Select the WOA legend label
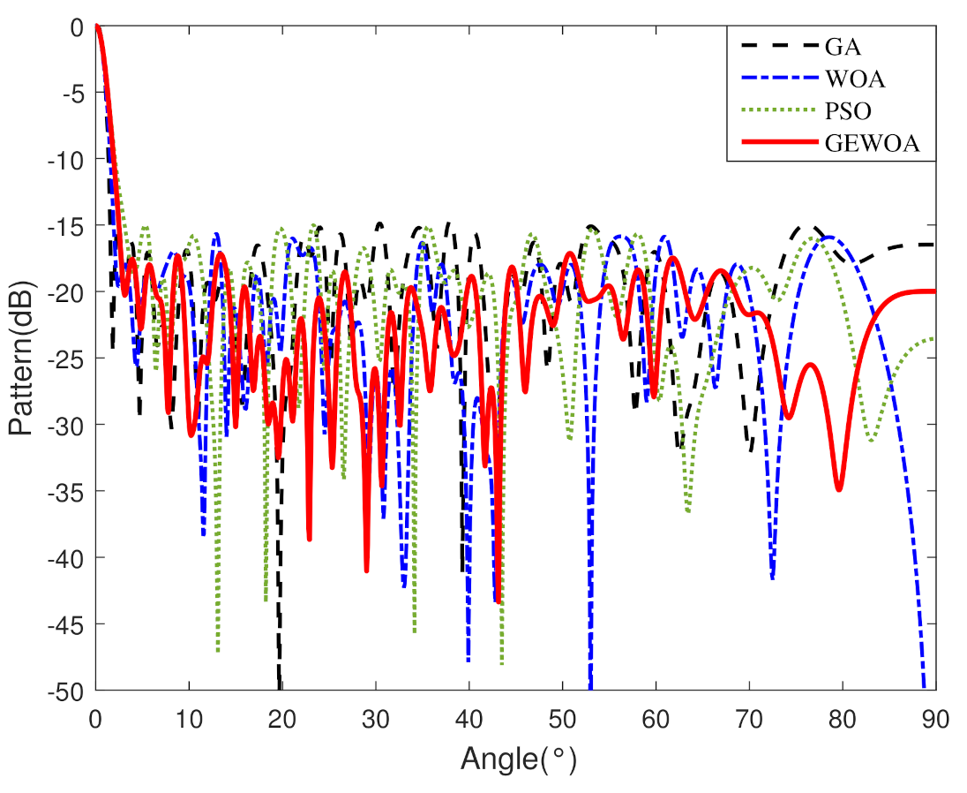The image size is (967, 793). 855,79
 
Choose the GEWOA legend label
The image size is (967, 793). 872,145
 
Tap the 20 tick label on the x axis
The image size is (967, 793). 281,718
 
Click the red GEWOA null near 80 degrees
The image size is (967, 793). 839,488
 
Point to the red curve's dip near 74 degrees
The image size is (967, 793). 788,417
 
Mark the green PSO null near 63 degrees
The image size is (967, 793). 687,510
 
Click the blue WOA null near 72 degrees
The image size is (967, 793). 772,577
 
